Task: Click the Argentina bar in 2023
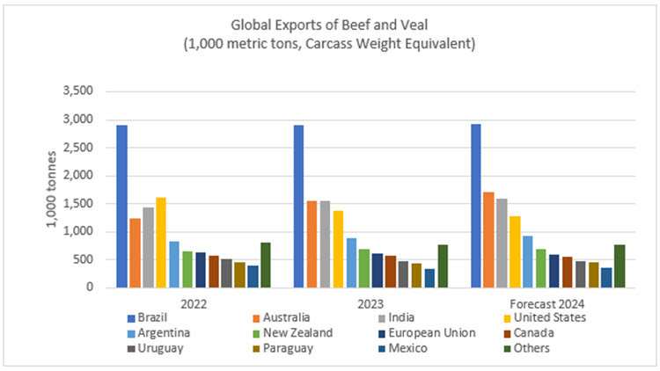coord(351,263)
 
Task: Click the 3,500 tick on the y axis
coord(89,91)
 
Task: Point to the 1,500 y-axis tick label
coord(89,204)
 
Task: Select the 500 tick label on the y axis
coord(93,259)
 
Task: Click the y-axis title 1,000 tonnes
coord(54,189)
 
